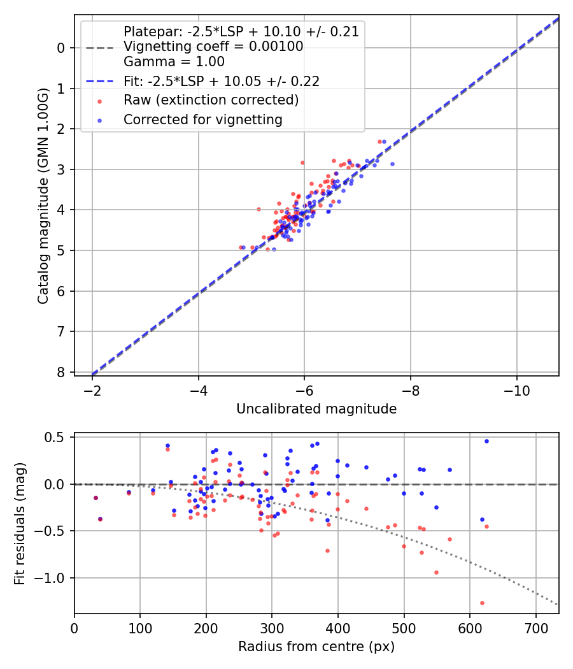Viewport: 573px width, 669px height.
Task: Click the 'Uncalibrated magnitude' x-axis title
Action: click(316, 409)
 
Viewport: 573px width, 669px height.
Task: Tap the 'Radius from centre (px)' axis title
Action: click(316, 647)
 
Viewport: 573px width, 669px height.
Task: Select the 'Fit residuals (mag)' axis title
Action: click(20, 523)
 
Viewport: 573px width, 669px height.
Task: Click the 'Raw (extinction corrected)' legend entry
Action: click(211, 100)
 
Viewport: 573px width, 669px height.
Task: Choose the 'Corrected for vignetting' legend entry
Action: click(202, 119)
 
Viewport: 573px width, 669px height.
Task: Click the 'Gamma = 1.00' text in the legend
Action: click(174, 62)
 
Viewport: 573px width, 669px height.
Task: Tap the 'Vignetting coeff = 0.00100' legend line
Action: click(213, 47)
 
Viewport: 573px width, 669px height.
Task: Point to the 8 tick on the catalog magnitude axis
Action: click(62, 372)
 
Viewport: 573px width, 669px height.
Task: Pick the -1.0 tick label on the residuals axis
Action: click(54, 578)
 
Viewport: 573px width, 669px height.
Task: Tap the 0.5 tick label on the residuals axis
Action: click(58, 437)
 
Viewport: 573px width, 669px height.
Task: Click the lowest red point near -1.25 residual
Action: click(482, 603)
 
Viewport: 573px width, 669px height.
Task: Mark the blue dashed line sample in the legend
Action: click(99, 81)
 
